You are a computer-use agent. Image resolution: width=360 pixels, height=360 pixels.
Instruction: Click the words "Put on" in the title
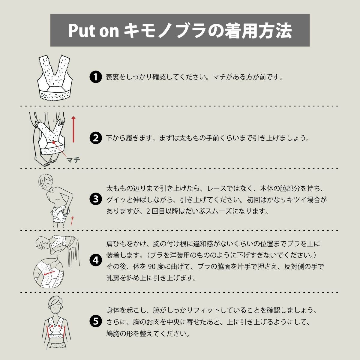pos(94,31)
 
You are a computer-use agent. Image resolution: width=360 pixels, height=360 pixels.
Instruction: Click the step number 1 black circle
pos(95,77)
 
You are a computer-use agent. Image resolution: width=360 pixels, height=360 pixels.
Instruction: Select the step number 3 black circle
pos(95,199)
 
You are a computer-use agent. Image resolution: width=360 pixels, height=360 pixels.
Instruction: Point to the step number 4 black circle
pos(95,260)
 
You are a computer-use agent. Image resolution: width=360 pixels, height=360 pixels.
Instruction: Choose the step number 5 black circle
pos(95,321)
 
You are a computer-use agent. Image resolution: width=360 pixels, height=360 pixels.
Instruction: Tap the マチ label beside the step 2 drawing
pos(73,160)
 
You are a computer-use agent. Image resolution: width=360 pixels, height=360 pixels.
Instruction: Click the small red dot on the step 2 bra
pos(53,142)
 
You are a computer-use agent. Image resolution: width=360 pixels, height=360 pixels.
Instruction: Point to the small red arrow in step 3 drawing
pos(72,221)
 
